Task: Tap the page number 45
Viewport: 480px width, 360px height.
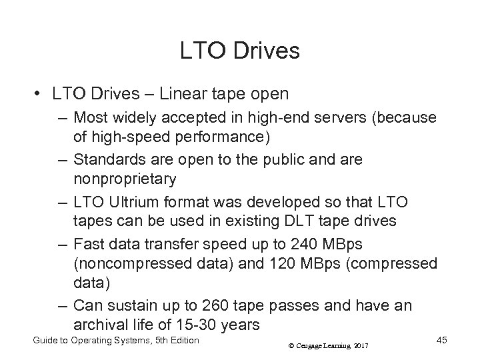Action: click(x=441, y=341)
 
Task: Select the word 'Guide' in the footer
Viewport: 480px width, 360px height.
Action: click(x=46, y=341)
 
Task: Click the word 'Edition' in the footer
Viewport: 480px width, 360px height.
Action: click(x=180, y=341)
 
